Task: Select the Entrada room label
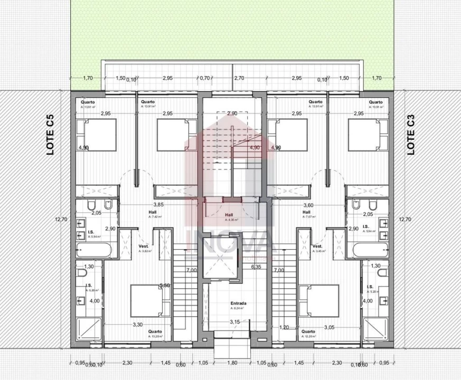(x=239, y=304)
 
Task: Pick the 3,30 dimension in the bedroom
(x=137, y=325)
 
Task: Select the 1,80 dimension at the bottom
(x=232, y=363)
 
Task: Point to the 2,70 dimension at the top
(x=239, y=78)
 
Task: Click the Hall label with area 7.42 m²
(x=152, y=213)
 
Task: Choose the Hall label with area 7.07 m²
(x=306, y=213)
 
